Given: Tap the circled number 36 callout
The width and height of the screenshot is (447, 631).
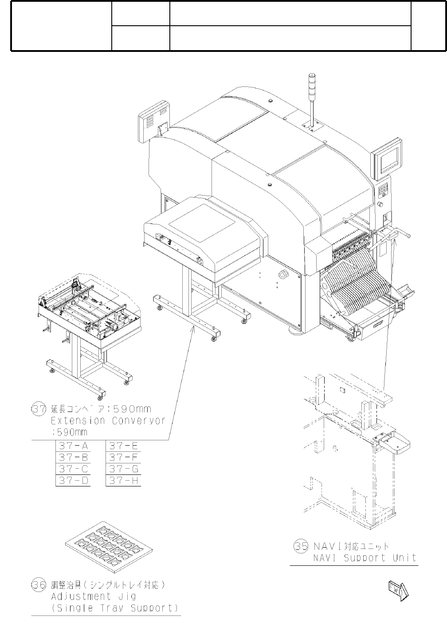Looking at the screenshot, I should (39, 585).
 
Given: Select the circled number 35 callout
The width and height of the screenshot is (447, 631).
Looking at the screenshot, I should (301, 546).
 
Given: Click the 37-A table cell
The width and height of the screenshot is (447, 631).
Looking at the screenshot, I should (73, 446).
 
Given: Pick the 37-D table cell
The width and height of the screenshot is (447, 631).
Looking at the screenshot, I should (73, 481).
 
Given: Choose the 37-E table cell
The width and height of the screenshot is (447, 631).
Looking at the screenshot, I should (124, 446).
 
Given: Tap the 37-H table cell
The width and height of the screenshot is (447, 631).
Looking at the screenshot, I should (124, 481).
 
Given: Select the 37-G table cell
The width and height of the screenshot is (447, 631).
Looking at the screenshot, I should (124, 469).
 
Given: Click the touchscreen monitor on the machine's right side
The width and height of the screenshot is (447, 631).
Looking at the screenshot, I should (387, 158).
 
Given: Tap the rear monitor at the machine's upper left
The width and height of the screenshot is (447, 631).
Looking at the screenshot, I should (154, 121).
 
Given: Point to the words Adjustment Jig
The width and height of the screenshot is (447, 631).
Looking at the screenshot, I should (93, 596).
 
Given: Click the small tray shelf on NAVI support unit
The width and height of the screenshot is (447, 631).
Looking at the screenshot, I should (394, 443).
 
